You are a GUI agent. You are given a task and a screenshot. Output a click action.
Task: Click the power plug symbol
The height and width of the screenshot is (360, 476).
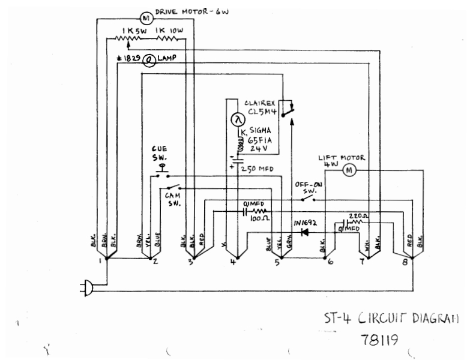tap(88, 290)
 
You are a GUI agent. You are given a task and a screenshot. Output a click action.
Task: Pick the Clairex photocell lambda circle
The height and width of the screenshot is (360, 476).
tap(236, 121)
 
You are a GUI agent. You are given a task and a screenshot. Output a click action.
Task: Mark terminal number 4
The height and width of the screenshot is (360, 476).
tap(233, 262)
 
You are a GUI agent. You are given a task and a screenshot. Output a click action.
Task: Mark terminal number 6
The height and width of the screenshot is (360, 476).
tap(331, 262)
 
